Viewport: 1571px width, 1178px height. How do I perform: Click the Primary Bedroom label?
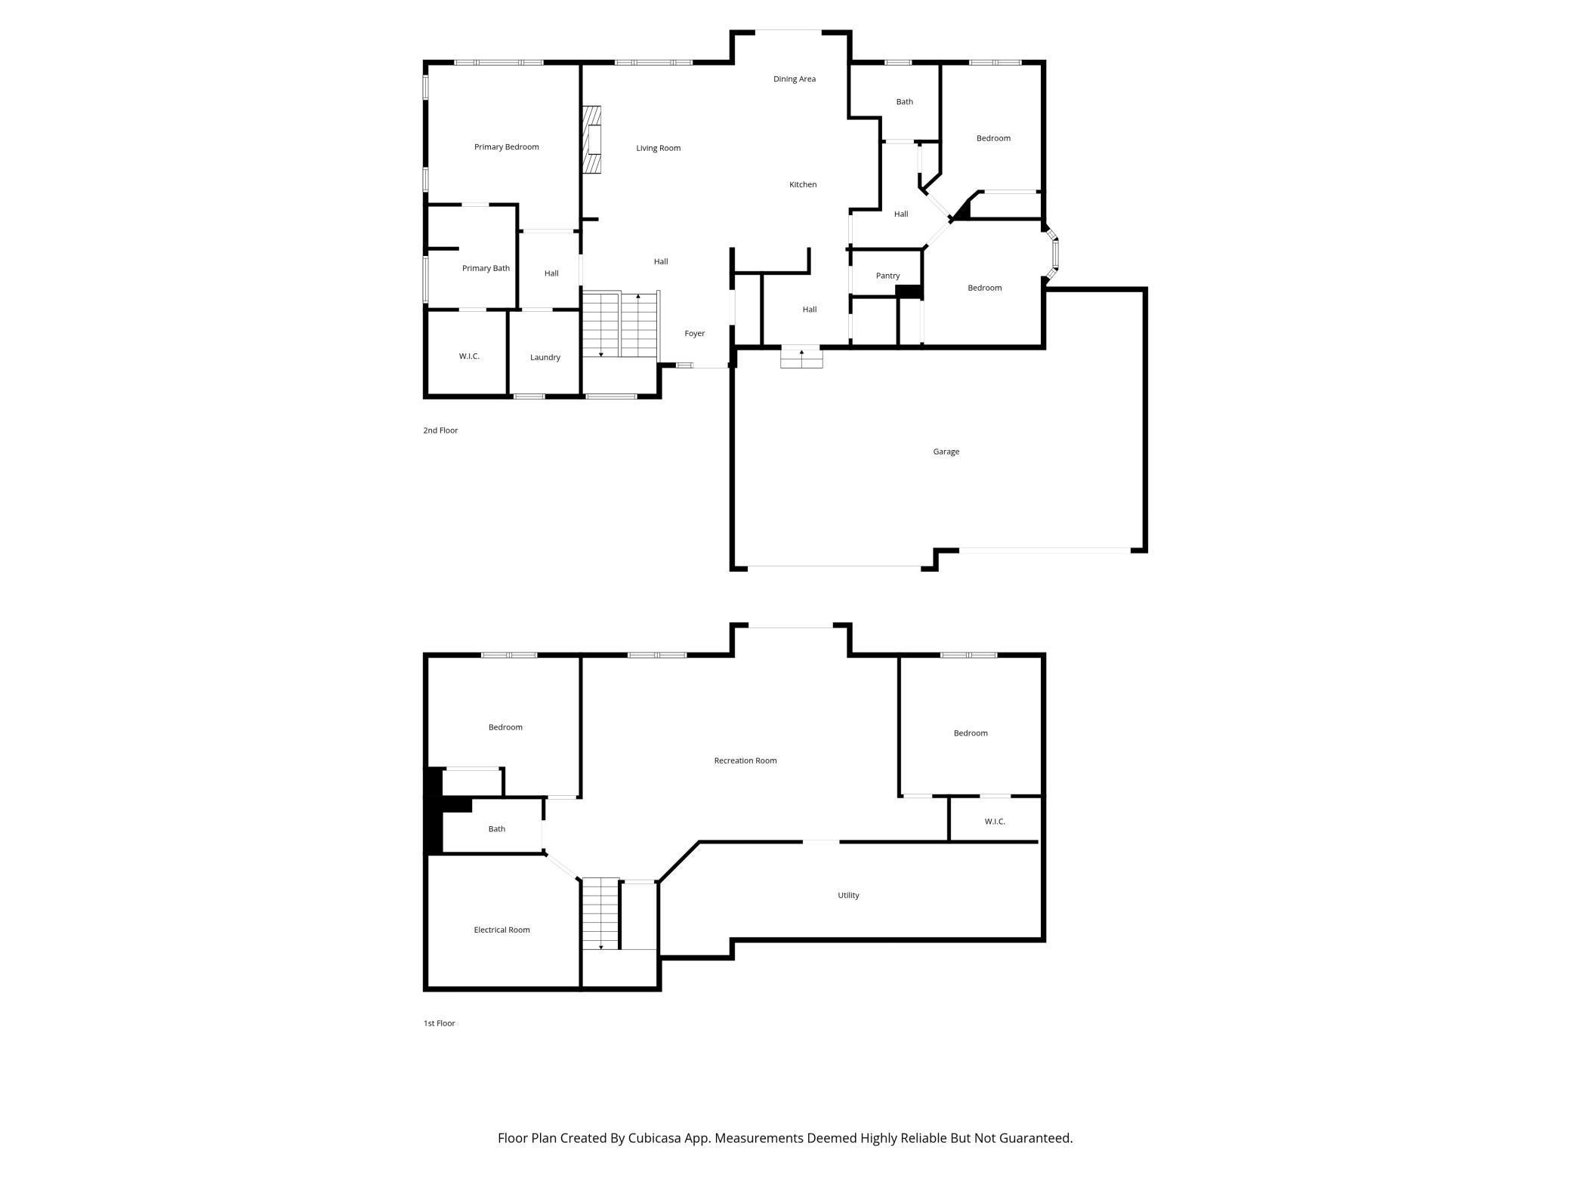point(506,146)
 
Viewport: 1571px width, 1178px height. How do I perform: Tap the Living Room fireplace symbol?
point(592,140)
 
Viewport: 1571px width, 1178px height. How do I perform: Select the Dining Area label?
point(794,79)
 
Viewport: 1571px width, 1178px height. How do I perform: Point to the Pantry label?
point(887,276)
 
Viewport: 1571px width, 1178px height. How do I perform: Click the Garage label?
point(946,452)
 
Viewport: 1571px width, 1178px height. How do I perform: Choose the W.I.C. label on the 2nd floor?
point(469,356)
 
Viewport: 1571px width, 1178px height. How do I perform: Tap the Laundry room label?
point(545,357)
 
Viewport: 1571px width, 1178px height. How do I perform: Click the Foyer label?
point(694,333)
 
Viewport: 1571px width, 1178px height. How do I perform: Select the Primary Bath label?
point(486,268)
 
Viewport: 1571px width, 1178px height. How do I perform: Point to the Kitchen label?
point(803,184)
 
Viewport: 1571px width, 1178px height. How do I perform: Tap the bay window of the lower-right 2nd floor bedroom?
point(1053,255)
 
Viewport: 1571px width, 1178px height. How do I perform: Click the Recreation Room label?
point(745,760)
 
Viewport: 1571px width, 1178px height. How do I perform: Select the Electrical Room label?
point(502,930)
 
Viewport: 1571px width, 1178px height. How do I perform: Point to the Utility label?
point(848,895)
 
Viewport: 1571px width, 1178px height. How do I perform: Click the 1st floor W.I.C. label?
point(995,822)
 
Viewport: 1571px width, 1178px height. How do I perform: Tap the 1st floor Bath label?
point(496,828)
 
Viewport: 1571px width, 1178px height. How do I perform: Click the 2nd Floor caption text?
point(440,430)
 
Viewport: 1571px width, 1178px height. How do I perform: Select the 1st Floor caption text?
point(439,1023)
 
